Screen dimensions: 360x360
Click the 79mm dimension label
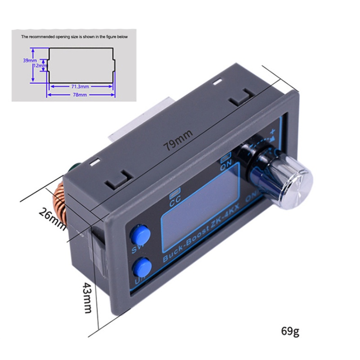click(178, 140)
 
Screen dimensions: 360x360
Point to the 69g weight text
click(290, 332)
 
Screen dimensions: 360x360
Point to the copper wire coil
click(60, 207)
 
